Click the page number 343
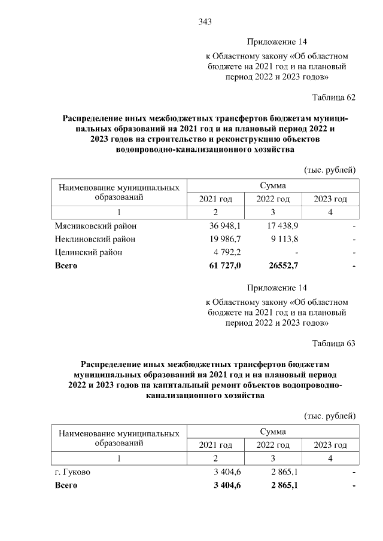205,22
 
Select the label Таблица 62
334,97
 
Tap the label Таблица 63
334,343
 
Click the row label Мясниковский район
95,227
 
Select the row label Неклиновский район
95,239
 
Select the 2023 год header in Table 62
330,198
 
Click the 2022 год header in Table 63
273,445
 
